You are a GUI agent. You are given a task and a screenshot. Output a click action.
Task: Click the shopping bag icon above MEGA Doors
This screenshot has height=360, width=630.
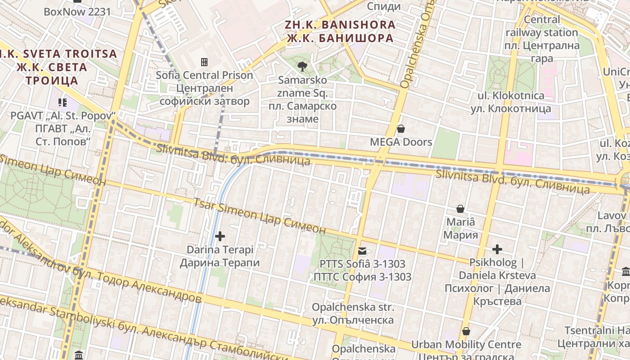[x=401, y=129]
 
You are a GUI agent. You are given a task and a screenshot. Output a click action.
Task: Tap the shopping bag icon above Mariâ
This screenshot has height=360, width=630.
[x=460, y=209]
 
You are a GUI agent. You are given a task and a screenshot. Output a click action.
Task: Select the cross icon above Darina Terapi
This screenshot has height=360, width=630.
[x=220, y=236]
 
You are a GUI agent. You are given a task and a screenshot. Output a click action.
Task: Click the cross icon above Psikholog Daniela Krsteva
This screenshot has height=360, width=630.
[x=497, y=249]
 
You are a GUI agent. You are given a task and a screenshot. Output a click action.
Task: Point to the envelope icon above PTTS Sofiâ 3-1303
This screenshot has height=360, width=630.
[x=362, y=251]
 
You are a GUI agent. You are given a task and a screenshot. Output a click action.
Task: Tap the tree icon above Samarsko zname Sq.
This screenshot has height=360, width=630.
[x=302, y=67]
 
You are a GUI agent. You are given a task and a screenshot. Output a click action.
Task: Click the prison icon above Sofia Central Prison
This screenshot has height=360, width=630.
[x=204, y=62]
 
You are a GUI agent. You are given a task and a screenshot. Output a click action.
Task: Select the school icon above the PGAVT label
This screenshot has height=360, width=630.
[x=63, y=103]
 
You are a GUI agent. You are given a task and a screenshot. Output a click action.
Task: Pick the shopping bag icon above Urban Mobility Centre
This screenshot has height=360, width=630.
[x=466, y=332]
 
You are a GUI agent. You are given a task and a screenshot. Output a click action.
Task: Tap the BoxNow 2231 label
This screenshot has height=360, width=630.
[x=77, y=12]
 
